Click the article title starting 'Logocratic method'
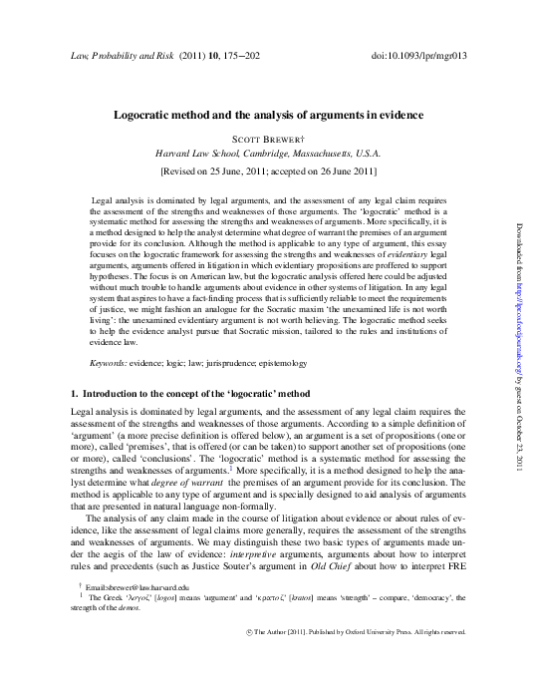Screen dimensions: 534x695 (x=267, y=116)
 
